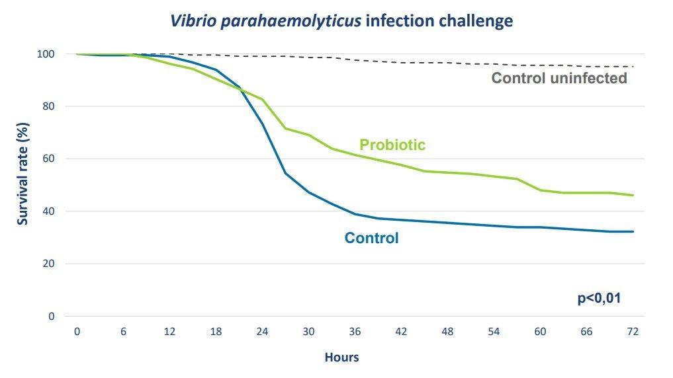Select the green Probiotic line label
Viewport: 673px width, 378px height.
tap(392, 145)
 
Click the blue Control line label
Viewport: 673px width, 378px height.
tap(371, 237)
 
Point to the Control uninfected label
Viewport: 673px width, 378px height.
tap(559, 78)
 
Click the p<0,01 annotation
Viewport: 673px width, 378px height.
tap(599, 298)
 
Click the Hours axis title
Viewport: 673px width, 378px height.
tap(341, 358)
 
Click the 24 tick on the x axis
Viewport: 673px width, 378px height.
tap(262, 331)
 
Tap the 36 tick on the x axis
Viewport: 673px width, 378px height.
tap(355, 331)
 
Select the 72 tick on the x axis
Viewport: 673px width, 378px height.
tap(633, 331)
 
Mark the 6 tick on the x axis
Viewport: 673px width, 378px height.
tap(123, 331)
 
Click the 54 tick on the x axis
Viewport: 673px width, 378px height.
tap(494, 331)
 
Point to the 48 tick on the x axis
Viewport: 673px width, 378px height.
tap(447, 331)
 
